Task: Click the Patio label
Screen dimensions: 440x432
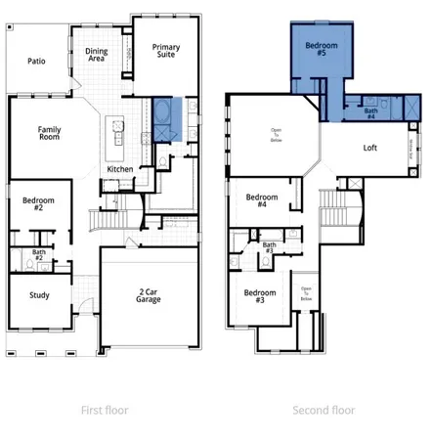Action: point(36,61)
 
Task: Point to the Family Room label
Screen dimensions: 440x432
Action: point(49,134)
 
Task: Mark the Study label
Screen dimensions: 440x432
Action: point(40,294)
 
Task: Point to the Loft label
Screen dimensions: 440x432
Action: point(370,148)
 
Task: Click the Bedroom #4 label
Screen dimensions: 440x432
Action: point(261,199)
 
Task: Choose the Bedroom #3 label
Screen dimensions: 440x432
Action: point(259,297)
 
